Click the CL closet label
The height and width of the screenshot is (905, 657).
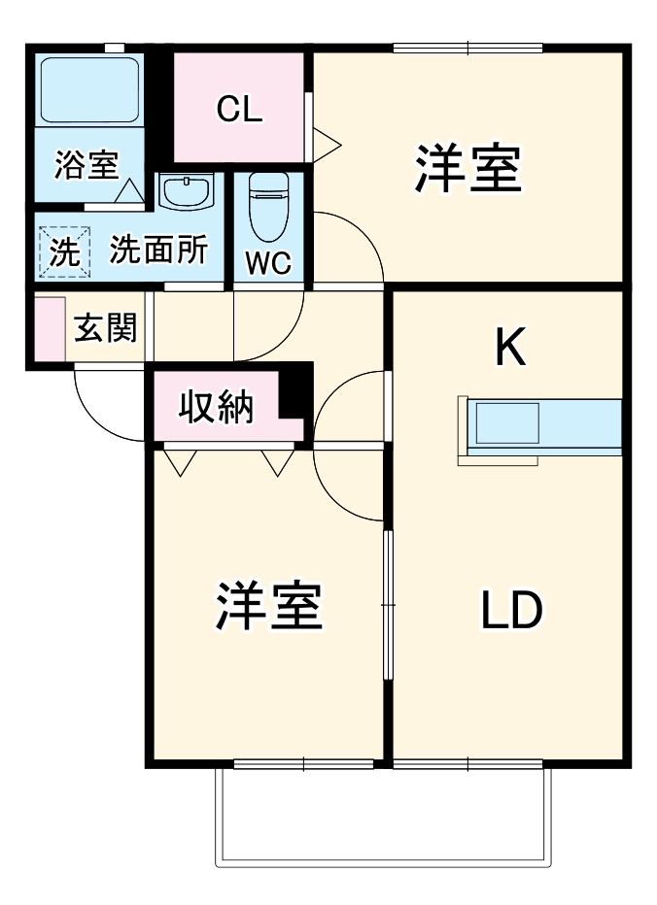(x=239, y=110)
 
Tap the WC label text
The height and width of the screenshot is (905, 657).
(x=267, y=263)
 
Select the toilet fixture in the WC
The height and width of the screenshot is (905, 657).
(x=267, y=207)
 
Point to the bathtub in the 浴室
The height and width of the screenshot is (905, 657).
(x=88, y=88)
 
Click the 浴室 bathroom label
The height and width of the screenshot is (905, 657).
(x=86, y=165)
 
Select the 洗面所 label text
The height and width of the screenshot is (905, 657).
(x=157, y=251)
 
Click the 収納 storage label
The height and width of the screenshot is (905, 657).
(x=216, y=407)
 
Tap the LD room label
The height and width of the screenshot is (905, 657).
(x=511, y=609)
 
